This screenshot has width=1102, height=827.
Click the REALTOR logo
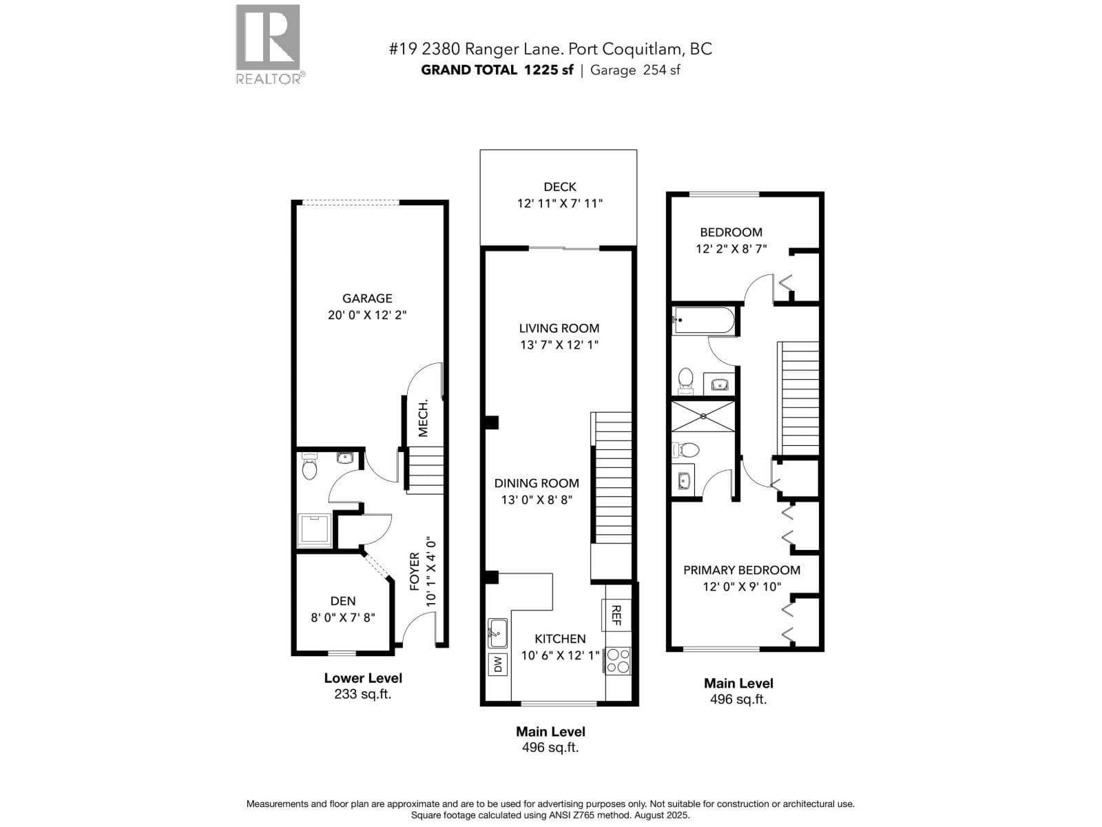(268, 43)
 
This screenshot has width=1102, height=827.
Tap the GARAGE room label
(367, 298)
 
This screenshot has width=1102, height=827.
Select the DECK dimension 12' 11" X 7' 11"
(559, 203)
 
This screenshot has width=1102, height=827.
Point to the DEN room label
(342, 601)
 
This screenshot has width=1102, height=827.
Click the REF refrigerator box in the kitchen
(616, 615)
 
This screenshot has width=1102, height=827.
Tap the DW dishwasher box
(498, 664)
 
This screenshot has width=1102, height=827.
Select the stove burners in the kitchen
(618, 660)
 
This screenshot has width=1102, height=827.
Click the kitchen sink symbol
(497, 632)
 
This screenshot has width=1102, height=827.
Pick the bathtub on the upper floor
(703, 320)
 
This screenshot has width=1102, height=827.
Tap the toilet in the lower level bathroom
(309, 468)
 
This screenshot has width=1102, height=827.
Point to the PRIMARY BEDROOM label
(741, 570)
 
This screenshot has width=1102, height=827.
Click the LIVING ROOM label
(559, 328)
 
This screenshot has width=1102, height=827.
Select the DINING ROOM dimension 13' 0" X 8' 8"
(537, 500)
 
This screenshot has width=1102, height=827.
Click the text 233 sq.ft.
(362, 694)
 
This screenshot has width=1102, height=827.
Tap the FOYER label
(415, 571)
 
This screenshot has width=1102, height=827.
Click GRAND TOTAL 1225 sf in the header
(497, 70)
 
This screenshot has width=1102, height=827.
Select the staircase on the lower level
(425, 469)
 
